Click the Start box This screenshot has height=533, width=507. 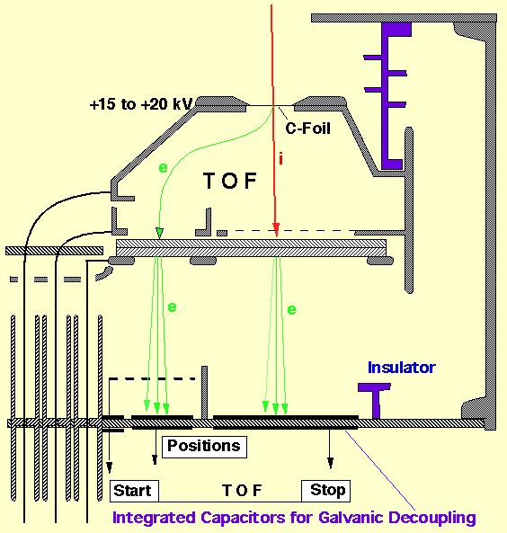click(134, 491)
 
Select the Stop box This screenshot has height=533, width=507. click(325, 491)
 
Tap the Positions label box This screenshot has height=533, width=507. click(204, 447)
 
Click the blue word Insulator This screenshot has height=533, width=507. click(402, 368)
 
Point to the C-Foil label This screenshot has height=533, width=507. click(307, 129)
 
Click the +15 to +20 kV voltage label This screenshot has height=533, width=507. click(141, 104)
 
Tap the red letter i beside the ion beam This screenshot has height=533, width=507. click(280, 158)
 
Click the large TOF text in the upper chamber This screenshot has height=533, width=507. click(230, 181)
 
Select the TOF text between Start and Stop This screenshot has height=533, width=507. click(242, 491)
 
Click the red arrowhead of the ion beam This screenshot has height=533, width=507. click(276, 229)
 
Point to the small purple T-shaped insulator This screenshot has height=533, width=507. click(374, 401)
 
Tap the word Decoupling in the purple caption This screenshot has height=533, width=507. click(431, 519)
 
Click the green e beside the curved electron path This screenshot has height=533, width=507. click(164, 167)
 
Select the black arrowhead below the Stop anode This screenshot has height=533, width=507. click(330, 463)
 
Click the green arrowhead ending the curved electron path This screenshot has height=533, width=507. click(159, 233)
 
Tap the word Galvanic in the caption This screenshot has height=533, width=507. click(349, 518)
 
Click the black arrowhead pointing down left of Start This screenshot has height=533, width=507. click(109, 467)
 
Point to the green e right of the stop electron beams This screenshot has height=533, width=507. click(292, 310)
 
